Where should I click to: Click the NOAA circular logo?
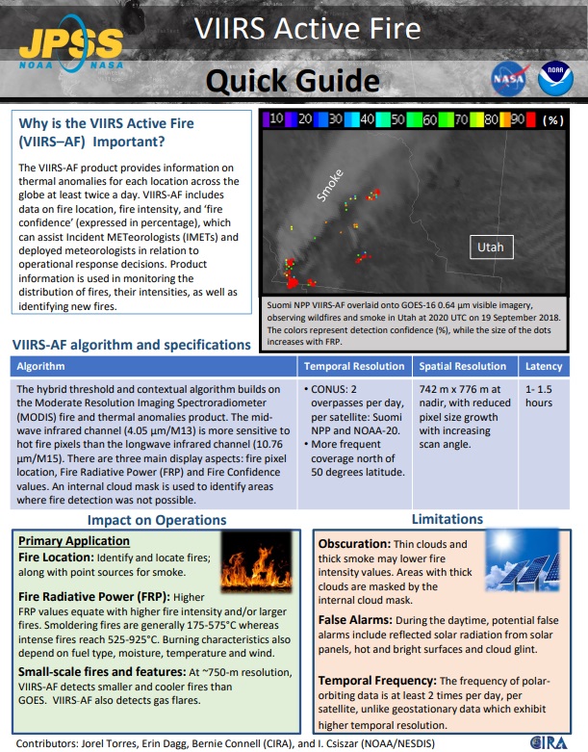[x=554, y=80]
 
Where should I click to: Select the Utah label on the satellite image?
[x=491, y=247]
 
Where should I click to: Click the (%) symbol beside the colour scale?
[x=552, y=120]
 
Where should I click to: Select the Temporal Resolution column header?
[x=355, y=367]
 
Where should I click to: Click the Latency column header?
[x=544, y=367]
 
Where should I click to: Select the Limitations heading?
[x=447, y=519]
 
